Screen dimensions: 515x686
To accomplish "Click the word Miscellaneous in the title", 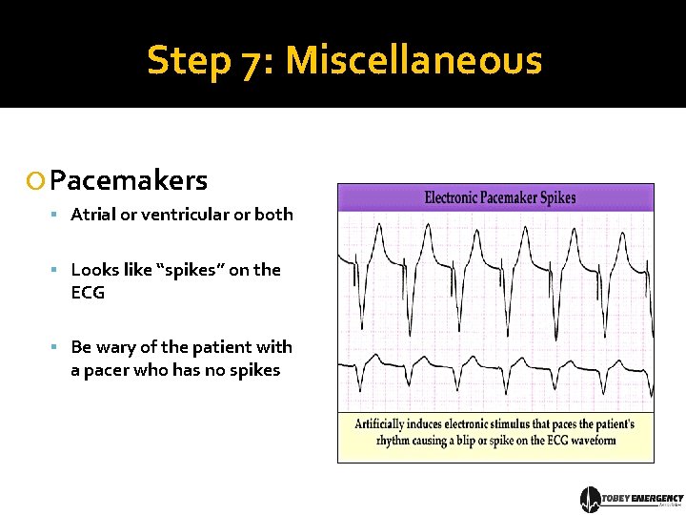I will coord(414,60).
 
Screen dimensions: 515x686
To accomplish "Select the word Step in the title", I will coord(189,60).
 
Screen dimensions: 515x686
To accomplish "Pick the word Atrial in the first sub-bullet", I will coord(91,215).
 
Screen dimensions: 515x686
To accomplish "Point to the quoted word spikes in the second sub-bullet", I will coord(190,270).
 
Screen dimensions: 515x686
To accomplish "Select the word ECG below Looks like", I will coord(88,293).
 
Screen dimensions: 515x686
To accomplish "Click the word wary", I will coord(117,347).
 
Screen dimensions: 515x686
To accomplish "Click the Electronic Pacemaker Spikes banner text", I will coord(499,197).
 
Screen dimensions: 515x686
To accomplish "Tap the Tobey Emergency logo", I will coord(632,500).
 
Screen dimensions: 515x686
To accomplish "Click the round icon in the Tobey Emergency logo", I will coord(591,500).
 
